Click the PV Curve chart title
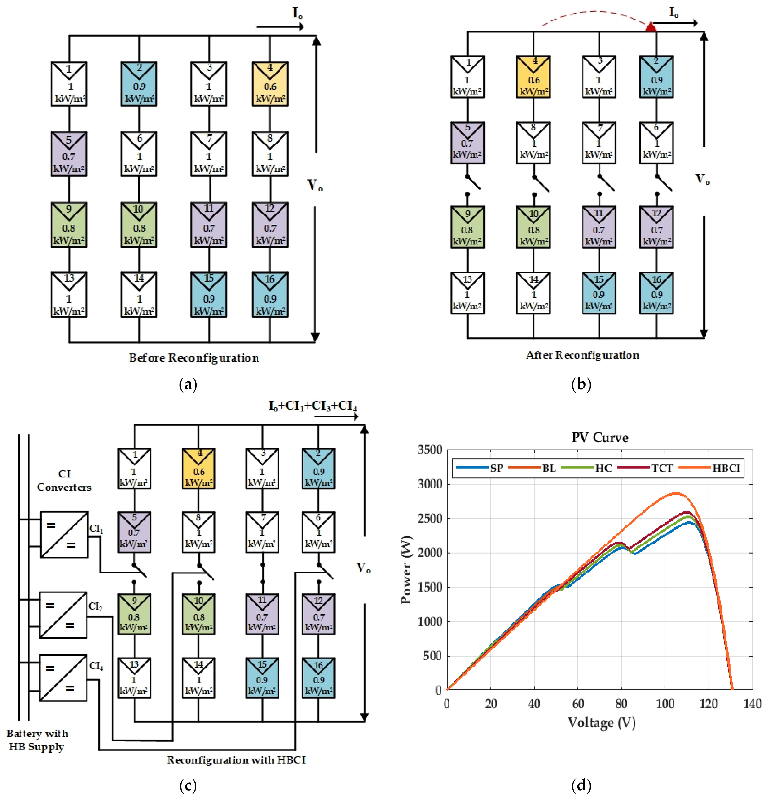click(600, 437)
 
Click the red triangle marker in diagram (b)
click(651, 27)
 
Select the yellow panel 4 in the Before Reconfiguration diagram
click(270, 84)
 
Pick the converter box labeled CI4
click(63, 678)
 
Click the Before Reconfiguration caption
click(194, 358)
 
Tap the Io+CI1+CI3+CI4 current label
click(313, 406)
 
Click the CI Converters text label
click(64, 480)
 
